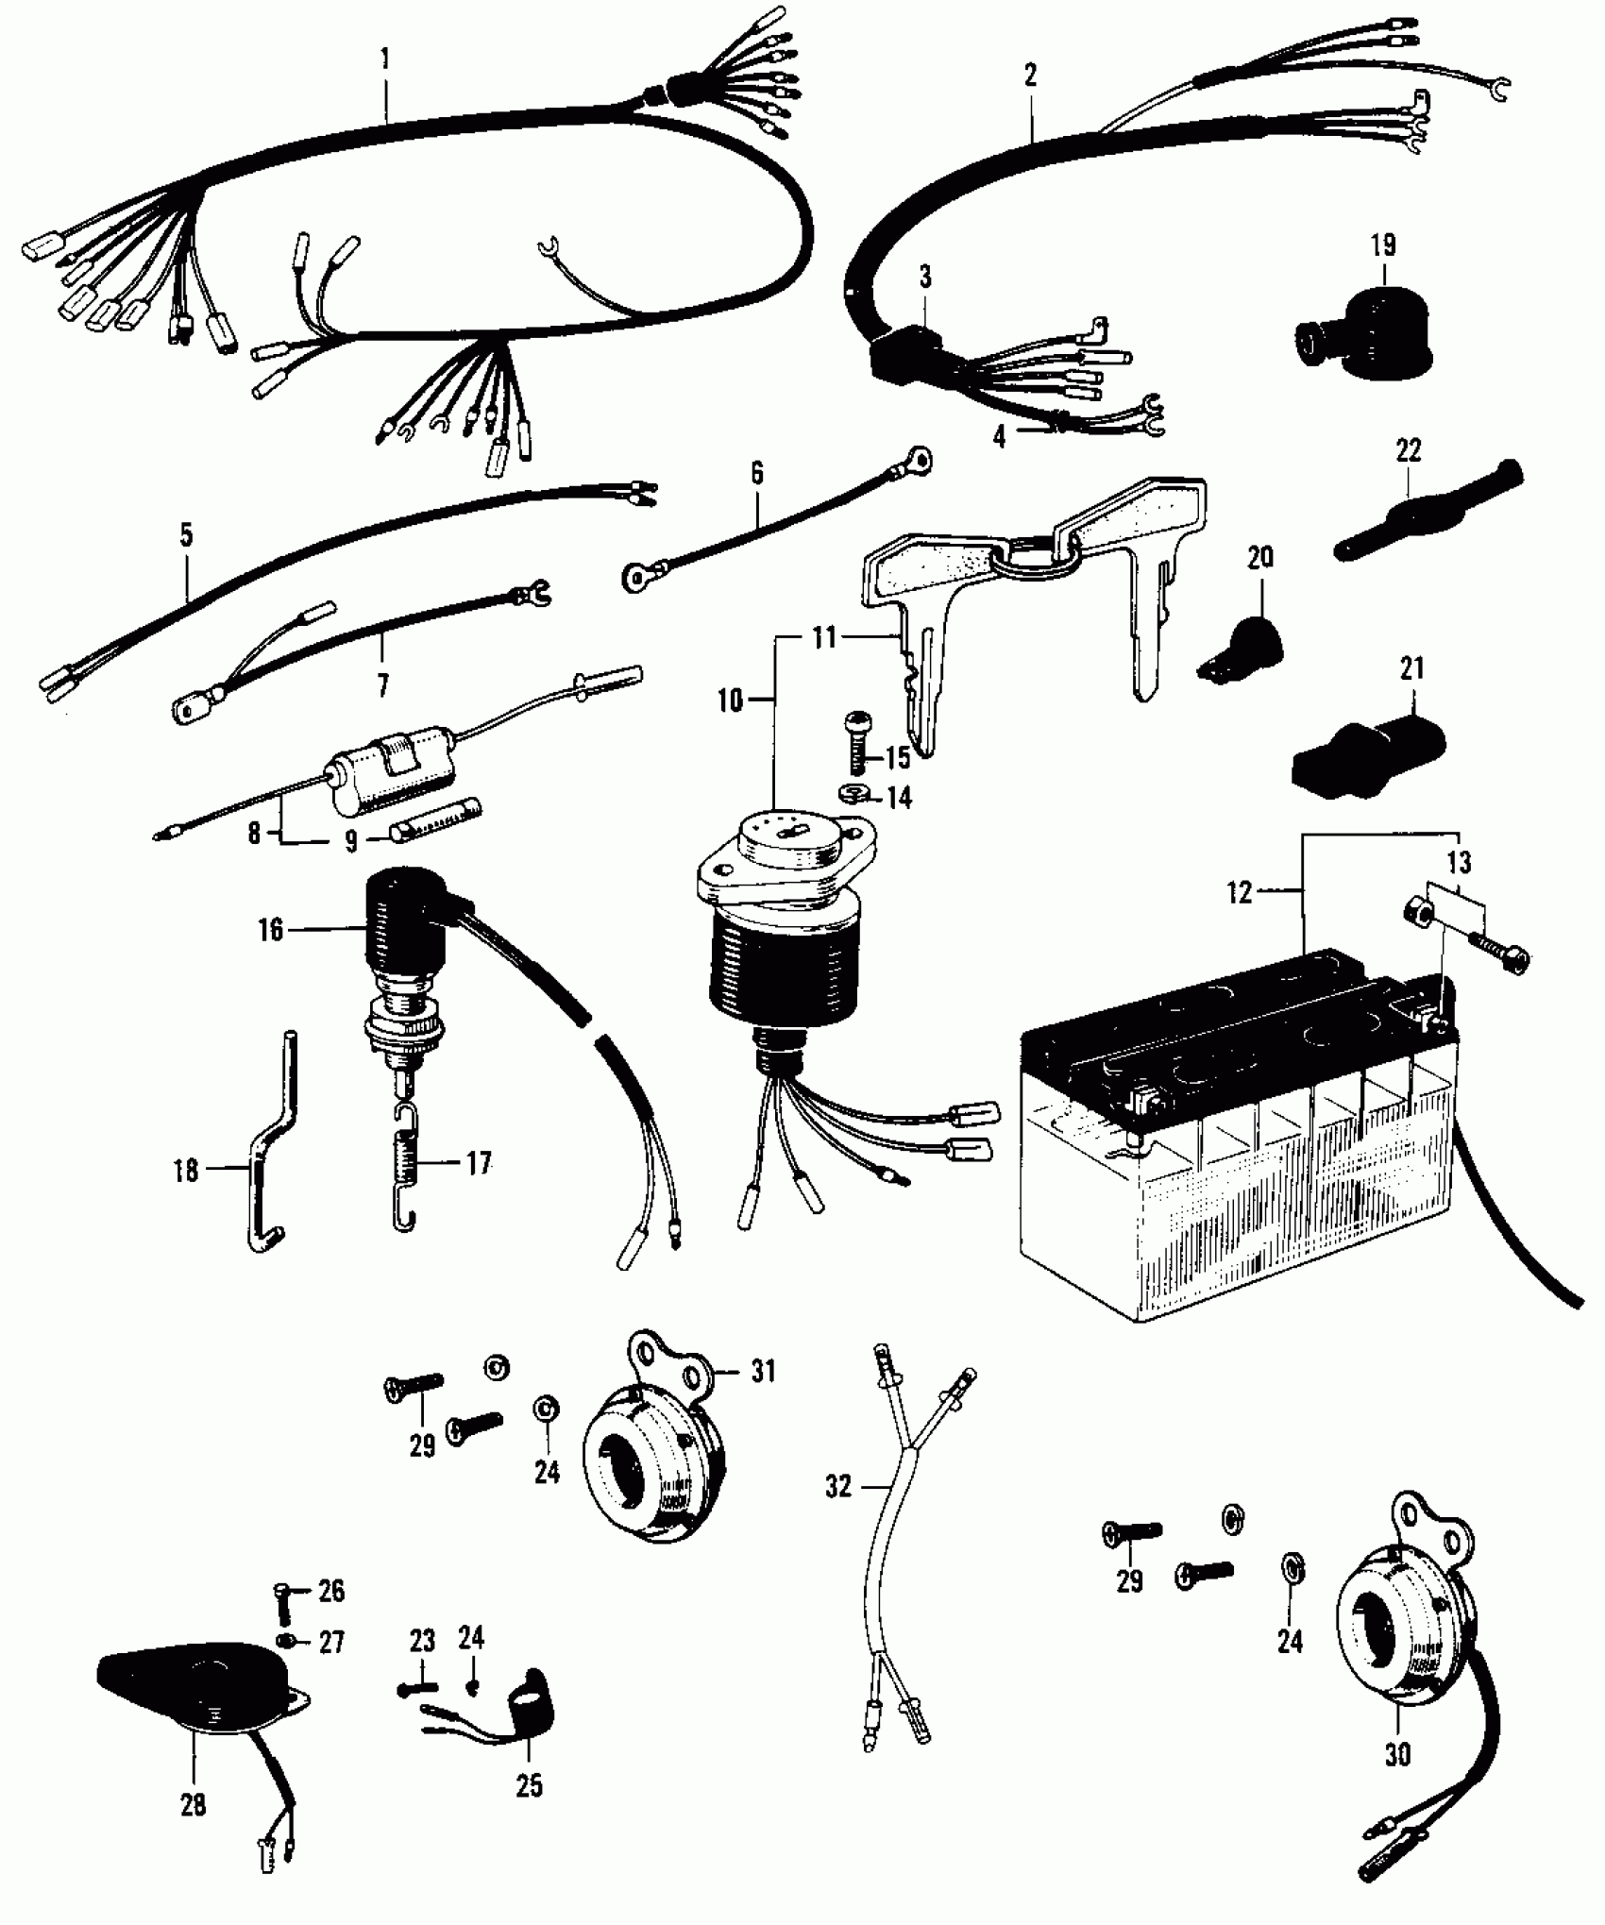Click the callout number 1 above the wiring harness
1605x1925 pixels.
tap(384, 59)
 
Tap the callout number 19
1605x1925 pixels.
tap(1382, 246)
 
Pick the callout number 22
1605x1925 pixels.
tap(1408, 450)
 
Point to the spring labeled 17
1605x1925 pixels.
tap(405, 1169)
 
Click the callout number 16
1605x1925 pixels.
tap(270, 930)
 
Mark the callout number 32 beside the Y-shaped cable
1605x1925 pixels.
tap(837, 1487)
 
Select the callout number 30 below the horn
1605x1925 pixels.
tap(1397, 1753)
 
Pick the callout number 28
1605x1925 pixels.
tap(193, 1805)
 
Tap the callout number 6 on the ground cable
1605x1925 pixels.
tap(757, 474)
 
